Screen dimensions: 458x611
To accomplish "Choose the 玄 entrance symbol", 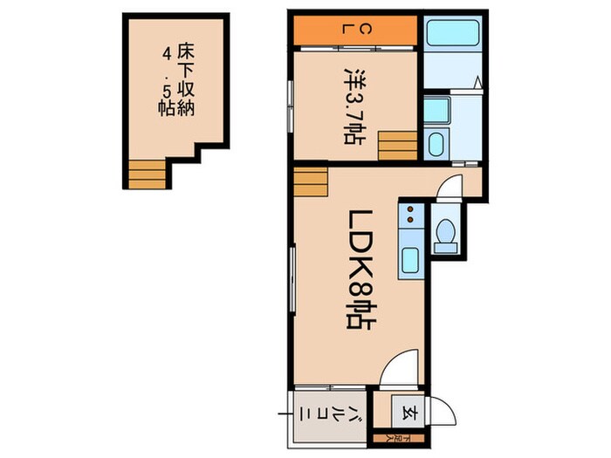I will tap(408, 414).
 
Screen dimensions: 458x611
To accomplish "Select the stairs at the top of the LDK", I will tap(311, 181).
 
